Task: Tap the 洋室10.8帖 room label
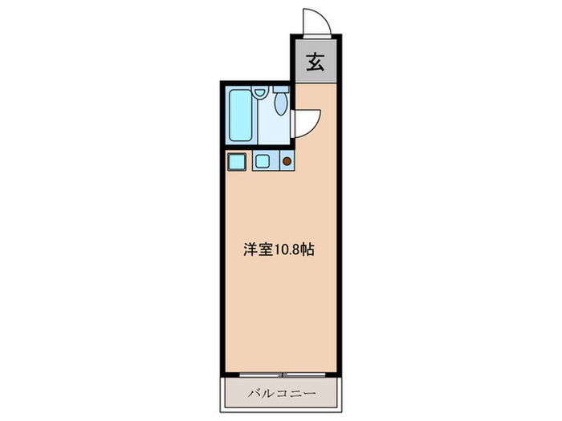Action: tap(279, 249)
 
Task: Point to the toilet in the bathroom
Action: tap(279, 104)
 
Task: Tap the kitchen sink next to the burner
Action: tap(263, 161)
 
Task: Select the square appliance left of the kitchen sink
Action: tap(236, 161)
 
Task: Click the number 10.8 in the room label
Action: tap(287, 249)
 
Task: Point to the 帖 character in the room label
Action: tap(307, 249)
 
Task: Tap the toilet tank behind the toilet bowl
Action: tap(280, 89)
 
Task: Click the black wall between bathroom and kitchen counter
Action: tap(257, 147)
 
